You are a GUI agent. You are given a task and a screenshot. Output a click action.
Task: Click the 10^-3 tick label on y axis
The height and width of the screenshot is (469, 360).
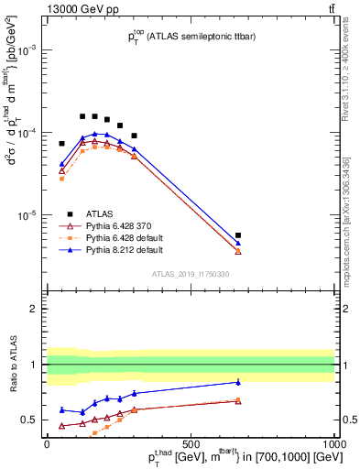coord(27,51)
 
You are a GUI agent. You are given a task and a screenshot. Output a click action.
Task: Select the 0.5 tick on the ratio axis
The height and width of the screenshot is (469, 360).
coord(29,420)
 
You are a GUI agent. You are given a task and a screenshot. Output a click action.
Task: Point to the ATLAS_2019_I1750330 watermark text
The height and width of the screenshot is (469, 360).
coord(191,274)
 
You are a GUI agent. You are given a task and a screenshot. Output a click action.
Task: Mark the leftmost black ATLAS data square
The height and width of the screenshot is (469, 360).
coord(62,143)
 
